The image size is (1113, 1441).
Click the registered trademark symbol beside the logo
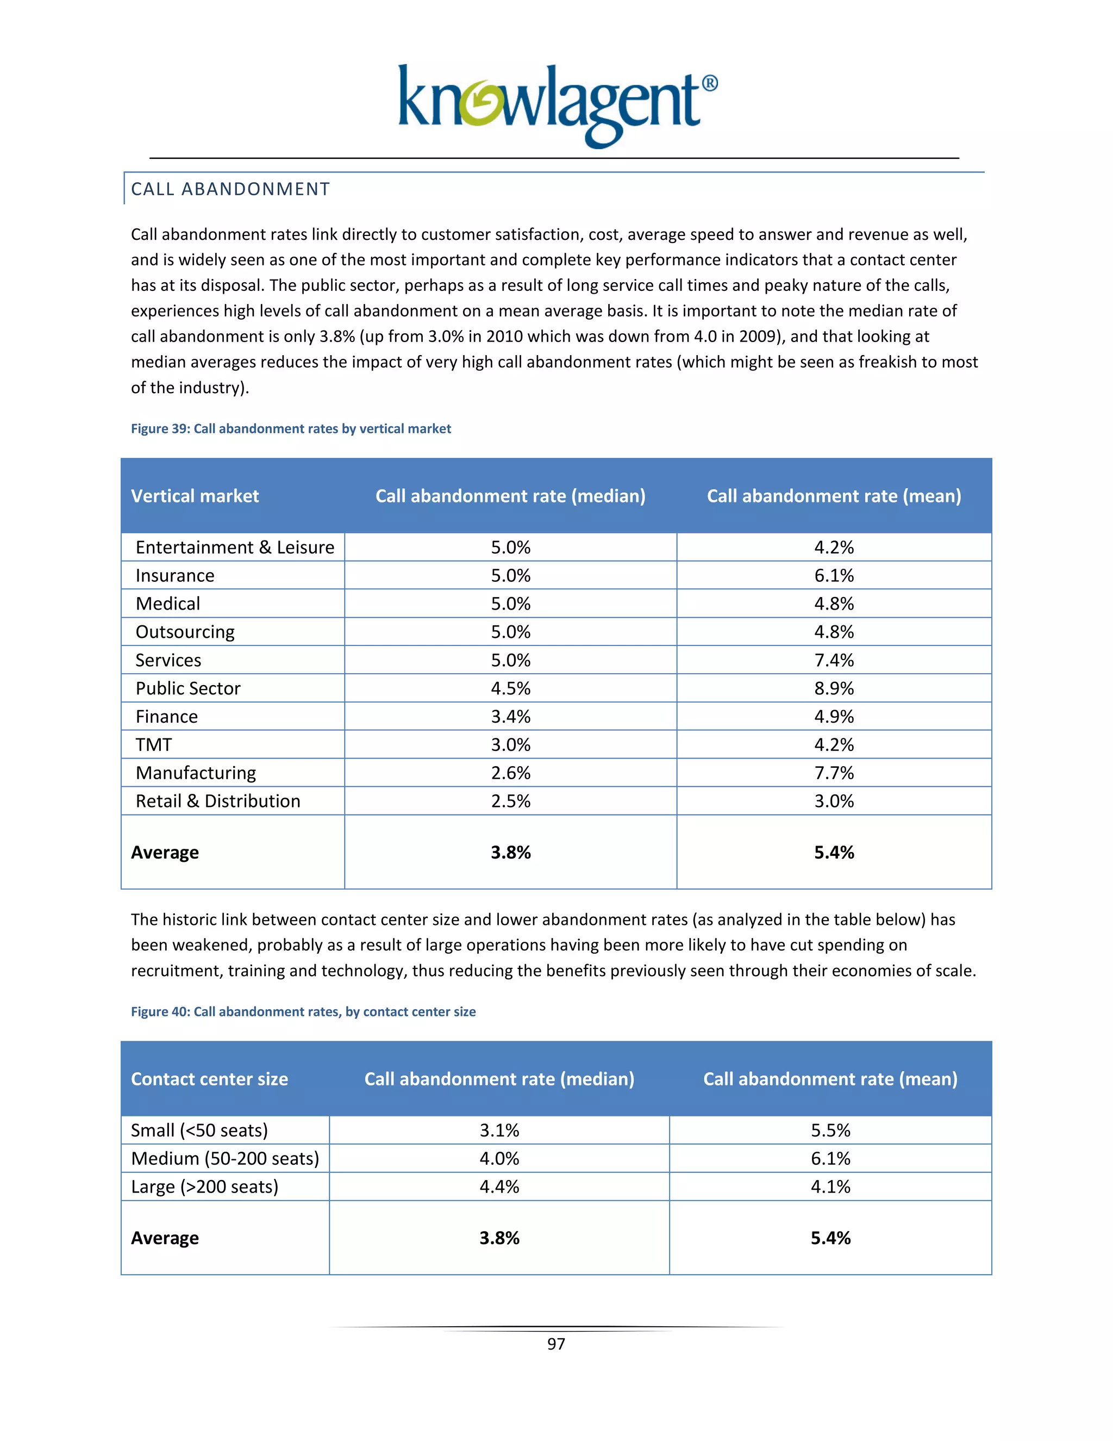709,84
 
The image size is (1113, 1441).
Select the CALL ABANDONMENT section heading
230,189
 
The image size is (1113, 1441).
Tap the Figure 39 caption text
291,429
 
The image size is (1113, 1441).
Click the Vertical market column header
195,496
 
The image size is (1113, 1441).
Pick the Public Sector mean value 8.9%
834,688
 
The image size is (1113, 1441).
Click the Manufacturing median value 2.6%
510,773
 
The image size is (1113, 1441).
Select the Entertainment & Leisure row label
235,548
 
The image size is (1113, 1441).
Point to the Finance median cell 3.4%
510,717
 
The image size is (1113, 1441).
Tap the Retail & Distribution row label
217,801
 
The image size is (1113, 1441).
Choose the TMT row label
154,745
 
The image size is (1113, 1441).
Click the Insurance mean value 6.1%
834,575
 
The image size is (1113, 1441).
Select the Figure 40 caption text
303,1012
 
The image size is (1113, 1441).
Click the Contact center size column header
209,1079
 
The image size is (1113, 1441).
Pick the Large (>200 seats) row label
204,1187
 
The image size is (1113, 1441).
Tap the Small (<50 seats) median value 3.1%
499,1131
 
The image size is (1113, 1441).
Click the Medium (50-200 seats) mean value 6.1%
830,1159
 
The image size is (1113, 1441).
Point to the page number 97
556,1344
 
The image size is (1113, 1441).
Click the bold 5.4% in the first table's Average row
834,853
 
